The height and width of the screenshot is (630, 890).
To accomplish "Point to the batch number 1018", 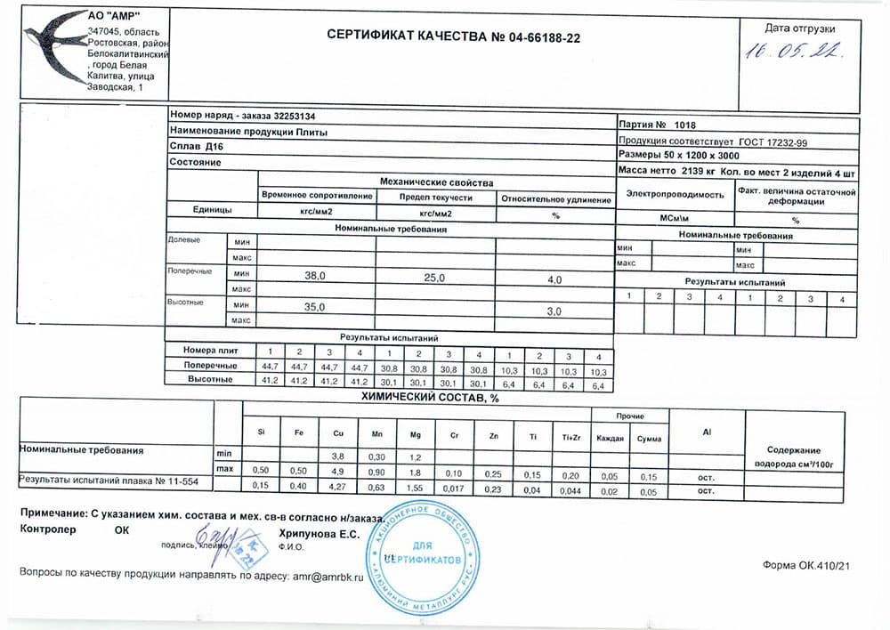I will tap(686, 125).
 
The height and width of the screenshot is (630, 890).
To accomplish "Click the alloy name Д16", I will tap(214, 146).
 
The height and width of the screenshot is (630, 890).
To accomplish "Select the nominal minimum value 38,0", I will tap(316, 277).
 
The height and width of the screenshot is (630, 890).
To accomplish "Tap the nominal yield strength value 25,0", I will tap(434, 278).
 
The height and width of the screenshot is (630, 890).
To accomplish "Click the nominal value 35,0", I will tap(316, 307).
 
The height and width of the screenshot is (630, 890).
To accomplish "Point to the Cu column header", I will tap(338, 432).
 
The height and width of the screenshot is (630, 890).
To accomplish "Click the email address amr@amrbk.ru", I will tap(329, 577).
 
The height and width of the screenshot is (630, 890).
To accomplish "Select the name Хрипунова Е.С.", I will tap(320, 534).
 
